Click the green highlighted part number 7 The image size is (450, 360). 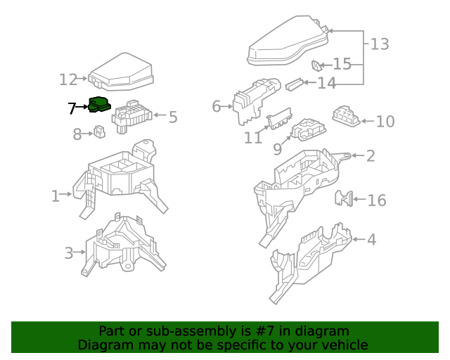click(99, 105)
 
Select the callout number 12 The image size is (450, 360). click(68, 79)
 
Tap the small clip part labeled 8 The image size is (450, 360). click(100, 131)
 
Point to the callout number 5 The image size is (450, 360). click(173, 117)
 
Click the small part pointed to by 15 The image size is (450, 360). click(316, 65)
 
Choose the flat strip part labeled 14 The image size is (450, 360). click(294, 84)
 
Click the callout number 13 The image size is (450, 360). click(380, 44)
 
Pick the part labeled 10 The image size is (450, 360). click(346, 116)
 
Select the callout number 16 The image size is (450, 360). click(377, 200)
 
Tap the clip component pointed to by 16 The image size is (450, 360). click(344, 198)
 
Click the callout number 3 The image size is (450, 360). click(69, 253)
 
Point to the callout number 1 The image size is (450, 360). click(55, 196)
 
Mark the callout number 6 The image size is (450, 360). click(216, 106)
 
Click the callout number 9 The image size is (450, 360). click(277, 149)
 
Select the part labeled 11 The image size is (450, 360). click(279, 118)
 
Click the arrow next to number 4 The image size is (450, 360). click(359, 239)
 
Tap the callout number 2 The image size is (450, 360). click(371, 156)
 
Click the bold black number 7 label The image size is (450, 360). click(72, 108)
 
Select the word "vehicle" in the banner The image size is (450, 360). click(349, 345)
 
